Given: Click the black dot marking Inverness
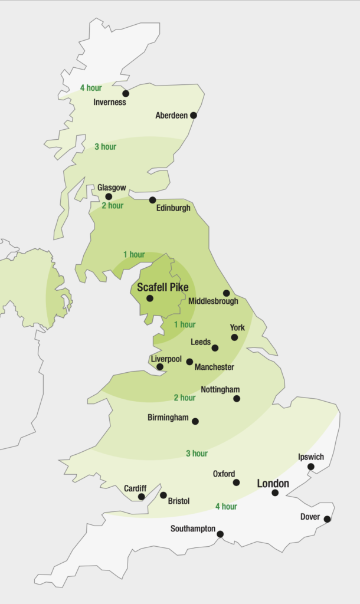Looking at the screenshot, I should coord(126,93).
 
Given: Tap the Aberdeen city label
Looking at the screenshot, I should coord(171,116).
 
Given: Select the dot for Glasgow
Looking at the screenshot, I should coord(109,197).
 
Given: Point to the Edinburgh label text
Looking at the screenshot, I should coord(174,208).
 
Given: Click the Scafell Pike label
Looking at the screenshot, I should coord(163,288).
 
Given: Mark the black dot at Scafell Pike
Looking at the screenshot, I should coord(150,298).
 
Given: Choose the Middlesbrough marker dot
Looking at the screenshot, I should coord(226,293).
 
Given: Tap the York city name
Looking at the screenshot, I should coord(237,327).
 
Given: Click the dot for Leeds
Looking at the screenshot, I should coord(215,348).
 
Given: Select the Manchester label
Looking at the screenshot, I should coord(214,367).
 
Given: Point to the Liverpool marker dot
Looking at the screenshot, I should coord(160,367).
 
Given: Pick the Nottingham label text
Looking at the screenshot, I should coord(220,390).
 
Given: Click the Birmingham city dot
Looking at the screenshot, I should coord(195,421).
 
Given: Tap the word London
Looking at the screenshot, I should coord(273,484).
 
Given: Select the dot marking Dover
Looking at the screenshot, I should coord(327,519).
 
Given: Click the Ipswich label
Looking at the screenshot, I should coord(311,457).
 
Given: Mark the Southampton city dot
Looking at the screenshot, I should coord(220,534).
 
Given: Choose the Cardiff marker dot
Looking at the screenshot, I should coord(141,497).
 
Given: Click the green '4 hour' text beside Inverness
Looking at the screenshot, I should coord(91,88).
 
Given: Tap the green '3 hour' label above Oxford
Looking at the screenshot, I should coord(197,454).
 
